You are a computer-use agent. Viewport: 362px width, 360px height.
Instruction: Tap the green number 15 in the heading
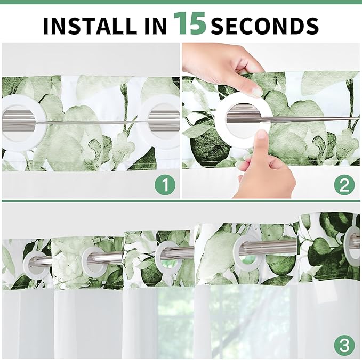click(189, 23)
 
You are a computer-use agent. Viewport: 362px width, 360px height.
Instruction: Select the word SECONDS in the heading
click(265, 26)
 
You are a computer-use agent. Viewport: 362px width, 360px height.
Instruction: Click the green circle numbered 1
click(165, 184)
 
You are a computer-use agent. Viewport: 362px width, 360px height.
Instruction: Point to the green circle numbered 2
click(344, 184)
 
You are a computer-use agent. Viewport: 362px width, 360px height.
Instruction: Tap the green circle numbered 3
click(344, 346)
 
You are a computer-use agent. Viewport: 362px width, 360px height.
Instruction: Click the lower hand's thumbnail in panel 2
click(262, 134)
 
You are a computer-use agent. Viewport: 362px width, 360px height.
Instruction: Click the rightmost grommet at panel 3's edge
click(349, 244)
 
